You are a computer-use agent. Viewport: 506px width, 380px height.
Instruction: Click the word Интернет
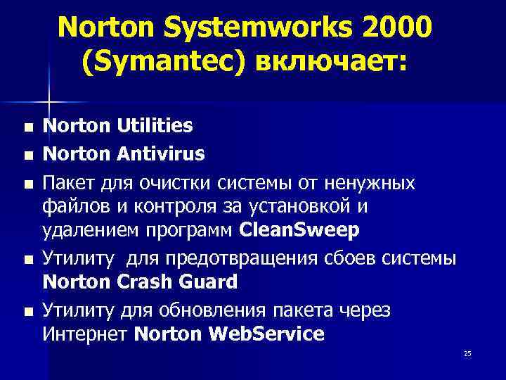tap(85, 334)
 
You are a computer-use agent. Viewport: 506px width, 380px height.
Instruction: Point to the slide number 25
tap(467, 354)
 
